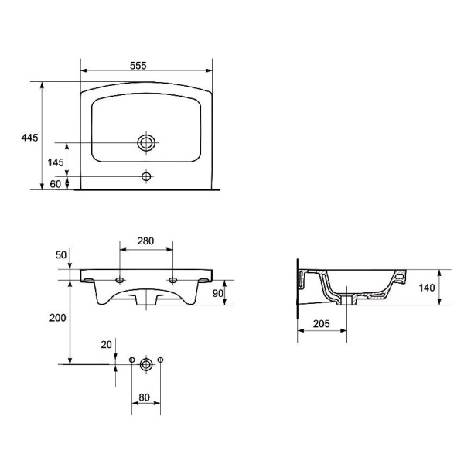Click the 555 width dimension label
click(x=138, y=66)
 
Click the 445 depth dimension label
click(x=29, y=138)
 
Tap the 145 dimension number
click(x=56, y=162)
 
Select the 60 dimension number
click(x=56, y=184)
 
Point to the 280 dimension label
click(x=145, y=241)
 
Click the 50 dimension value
click(x=61, y=254)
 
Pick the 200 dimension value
click(x=58, y=318)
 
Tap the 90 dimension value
click(x=218, y=293)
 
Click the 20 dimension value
click(x=106, y=344)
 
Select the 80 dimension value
click(x=144, y=397)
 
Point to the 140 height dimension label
click(x=427, y=288)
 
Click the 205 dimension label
click(x=322, y=324)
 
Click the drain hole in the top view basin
click(x=146, y=142)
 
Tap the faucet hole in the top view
click(x=146, y=176)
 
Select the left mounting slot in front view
click(x=120, y=280)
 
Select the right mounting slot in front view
click(x=172, y=280)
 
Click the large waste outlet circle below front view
click(x=146, y=364)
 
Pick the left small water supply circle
click(x=132, y=360)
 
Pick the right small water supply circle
click(x=160, y=360)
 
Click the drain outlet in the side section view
click(x=346, y=299)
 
